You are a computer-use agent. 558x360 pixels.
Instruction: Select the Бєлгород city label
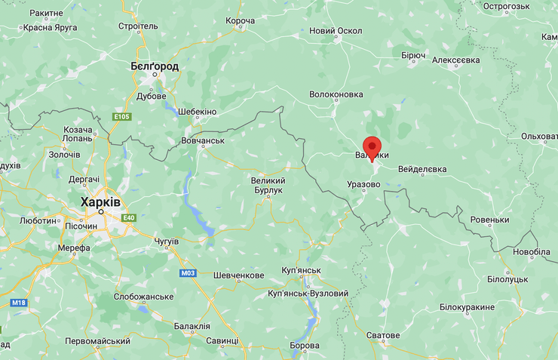click(x=155, y=66)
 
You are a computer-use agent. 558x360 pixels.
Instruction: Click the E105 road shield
click(x=122, y=116)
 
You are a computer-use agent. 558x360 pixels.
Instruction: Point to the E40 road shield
click(x=128, y=217)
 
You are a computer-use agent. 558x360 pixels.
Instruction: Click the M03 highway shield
click(x=188, y=272)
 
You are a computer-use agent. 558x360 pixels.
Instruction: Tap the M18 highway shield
click(x=19, y=303)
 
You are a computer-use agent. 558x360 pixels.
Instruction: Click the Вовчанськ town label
click(x=203, y=140)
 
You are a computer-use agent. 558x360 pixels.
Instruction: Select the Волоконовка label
click(x=336, y=95)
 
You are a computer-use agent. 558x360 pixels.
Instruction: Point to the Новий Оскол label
click(x=336, y=31)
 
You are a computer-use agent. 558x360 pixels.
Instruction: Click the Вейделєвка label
click(x=422, y=169)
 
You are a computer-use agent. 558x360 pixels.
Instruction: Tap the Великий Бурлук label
click(x=268, y=185)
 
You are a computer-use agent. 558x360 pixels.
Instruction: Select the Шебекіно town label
click(x=197, y=112)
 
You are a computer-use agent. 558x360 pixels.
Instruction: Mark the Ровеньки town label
click(x=489, y=220)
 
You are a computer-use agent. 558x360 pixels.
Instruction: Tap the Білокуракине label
click(x=468, y=307)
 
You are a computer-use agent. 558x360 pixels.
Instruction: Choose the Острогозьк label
click(x=507, y=6)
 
